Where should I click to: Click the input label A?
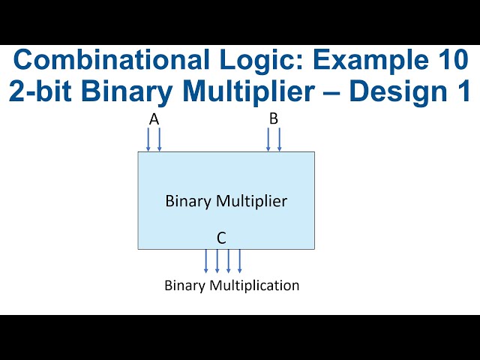click(x=154, y=119)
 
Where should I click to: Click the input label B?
click(x=274, y=119)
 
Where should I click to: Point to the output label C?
click(x=221, y=238)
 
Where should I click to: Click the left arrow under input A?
click(x=148, y=139)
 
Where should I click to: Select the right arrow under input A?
click(x=159, y=139)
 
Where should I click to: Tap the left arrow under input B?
click(x=268, y=139)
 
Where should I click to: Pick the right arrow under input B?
click(x=279, y=139)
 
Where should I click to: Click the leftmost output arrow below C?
click(x=206, y=261)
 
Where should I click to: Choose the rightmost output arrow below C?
click(x=240, y=261)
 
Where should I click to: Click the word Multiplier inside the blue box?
click(x=251, y=201)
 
